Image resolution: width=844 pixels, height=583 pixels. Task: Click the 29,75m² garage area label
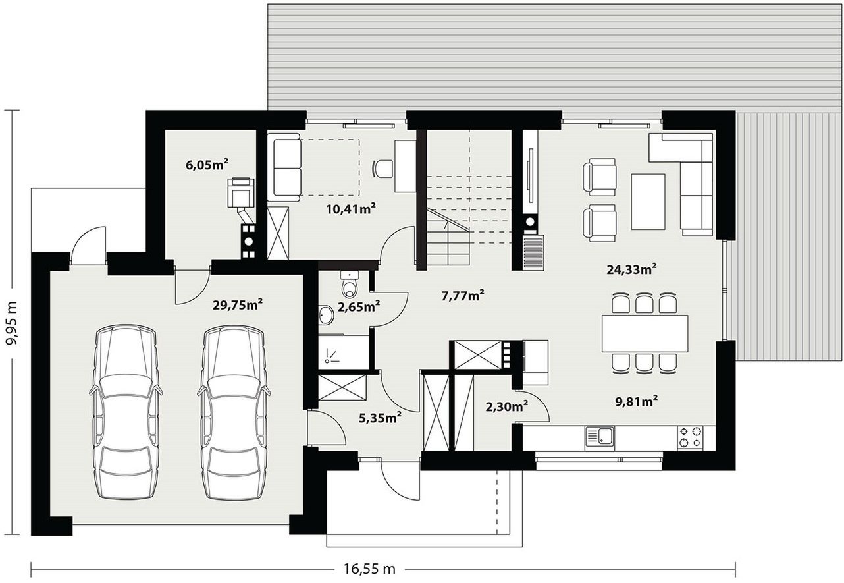[238, 304]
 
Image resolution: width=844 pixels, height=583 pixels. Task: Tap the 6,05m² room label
[207, 165]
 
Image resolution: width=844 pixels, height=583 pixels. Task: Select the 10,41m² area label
[351, 209]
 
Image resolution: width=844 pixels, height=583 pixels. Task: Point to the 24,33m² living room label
[632, 269]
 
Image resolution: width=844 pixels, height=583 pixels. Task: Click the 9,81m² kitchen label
[637, 401]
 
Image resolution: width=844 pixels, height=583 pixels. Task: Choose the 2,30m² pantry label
[507, 406]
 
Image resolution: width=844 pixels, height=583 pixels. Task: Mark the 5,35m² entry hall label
[380, 418]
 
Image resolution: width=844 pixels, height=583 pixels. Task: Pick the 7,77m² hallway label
[463, 296]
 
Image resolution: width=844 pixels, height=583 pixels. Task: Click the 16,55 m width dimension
[369, 569]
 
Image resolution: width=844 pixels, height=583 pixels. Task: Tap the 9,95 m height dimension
[13, 323]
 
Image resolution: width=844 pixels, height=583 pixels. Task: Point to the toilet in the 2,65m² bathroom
[350, 283]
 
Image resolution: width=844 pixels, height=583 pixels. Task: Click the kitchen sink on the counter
[600, 438]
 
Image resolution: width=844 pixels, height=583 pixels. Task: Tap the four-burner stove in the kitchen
[690, 437]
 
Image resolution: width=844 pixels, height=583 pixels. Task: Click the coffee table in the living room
[648, 202]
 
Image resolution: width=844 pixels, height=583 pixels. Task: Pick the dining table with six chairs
[645, 333]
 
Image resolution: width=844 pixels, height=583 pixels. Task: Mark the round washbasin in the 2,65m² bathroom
[326, 314]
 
